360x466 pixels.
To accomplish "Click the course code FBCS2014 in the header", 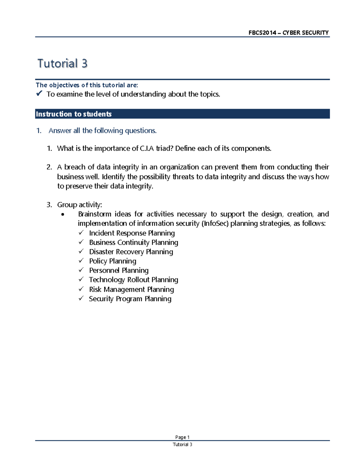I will [x=262, y=33].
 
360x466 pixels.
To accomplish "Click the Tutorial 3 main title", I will [x=62, y=64].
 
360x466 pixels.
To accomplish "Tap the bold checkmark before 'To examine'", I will [x=39, y=94].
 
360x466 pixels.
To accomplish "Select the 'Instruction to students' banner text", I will [x=74, y=114].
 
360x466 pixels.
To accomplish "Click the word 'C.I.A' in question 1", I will [x=147, y=149].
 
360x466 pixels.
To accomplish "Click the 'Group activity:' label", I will [x=79, y=205].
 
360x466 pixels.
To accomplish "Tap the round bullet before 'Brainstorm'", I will [x=62, y=215].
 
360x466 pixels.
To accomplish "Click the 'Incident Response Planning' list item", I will [x=132, y=233].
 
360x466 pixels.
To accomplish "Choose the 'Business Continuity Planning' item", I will [x=133, y=242].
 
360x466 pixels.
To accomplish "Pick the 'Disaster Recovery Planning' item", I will [x=131, y=252].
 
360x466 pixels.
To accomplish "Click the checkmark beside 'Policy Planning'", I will [x=81, y=261].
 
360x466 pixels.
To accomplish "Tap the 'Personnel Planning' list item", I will [x=119, y=270].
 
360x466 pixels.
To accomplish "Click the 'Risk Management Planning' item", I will [x=131, y=290].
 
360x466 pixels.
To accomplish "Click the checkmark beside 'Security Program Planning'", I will [x=81, y=299].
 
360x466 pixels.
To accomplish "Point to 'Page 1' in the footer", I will [x=182, y=437].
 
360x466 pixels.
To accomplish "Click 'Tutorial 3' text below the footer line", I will [x=182, y=445].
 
